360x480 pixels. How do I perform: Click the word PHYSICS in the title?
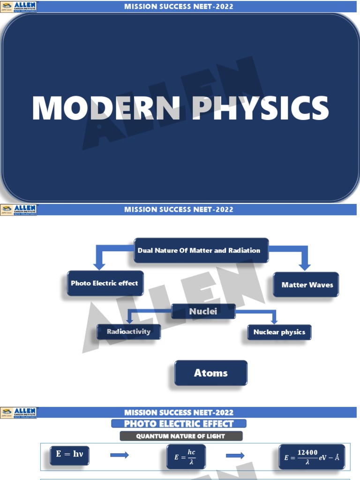pyautogui.click(x=261, y=108)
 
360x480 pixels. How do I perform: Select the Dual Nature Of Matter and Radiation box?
pyautogui.click(x=201, y=251)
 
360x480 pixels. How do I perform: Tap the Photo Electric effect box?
pyautogui.click(x=105, y=284)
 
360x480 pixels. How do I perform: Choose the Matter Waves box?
pyautogui.click(x=306, y=285)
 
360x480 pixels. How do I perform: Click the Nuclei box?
pyautogui.click(x=203, y=311)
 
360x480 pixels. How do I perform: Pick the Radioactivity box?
pyautogui.click(x=128, y=332)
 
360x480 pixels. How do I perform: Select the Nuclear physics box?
pyautogui.click(x=279, y=332)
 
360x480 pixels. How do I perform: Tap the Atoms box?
pyautogui.click(x=211, y=373)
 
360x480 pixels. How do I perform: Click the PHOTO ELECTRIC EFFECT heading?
pyautogui.click(x=179, y=424)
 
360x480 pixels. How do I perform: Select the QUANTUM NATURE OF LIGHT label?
pyautogui.click(x=181, y=436)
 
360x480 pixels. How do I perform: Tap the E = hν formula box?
pyautogui.click(x=70, y=455)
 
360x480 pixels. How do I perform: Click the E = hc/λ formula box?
pyautogui.click(x=186, y=457)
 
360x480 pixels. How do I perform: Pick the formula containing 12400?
pyautogui.click(x=312, y=457)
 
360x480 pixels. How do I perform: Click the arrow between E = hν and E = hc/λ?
pyautogui.click(x=119, y=456)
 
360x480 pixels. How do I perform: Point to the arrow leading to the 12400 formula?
pyautogui.click(x=235, y=456)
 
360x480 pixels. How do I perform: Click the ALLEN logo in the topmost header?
pyautogui.click(x=19, y=7)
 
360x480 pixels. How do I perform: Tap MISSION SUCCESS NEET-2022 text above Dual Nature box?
pyautogui.click(x=179, y=209)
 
